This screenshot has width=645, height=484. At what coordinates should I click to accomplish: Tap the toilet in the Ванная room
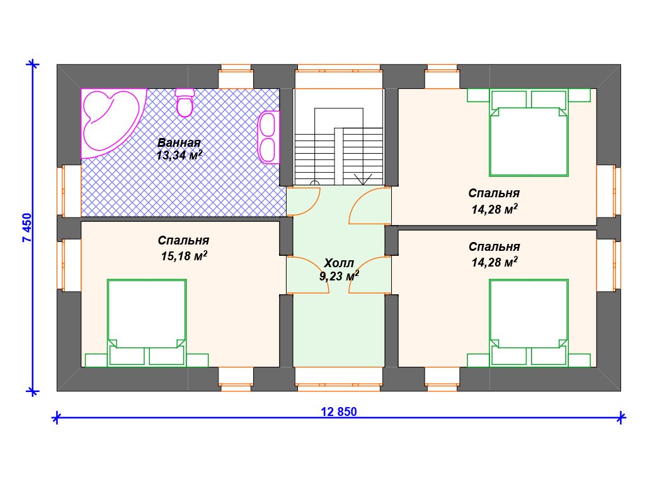(x=185, y=102)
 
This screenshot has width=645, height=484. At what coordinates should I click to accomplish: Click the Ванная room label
(x=179, y=143)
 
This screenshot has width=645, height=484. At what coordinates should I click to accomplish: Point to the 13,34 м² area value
(x=180, y=155)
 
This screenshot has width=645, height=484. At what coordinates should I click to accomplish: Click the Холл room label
(x=338, y=263)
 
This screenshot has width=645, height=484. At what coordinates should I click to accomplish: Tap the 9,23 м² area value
(x=339, y=276)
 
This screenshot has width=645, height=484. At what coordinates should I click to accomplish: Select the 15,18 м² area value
(x=184, y=256)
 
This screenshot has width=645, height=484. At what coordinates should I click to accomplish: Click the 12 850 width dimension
(x=339, y=412)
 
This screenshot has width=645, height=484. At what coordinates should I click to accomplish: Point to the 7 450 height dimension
(x=26, y=228)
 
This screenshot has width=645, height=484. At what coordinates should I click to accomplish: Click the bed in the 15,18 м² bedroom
(x=146, y=323)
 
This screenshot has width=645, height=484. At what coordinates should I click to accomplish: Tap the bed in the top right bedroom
(x=528, y=132)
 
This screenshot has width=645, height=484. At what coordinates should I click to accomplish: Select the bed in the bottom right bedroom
(x=528, y=323)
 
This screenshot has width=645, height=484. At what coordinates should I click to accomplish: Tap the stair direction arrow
(x=362, y=178)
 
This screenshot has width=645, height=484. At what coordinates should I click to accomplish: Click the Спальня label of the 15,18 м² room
(x=183, y=240)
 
